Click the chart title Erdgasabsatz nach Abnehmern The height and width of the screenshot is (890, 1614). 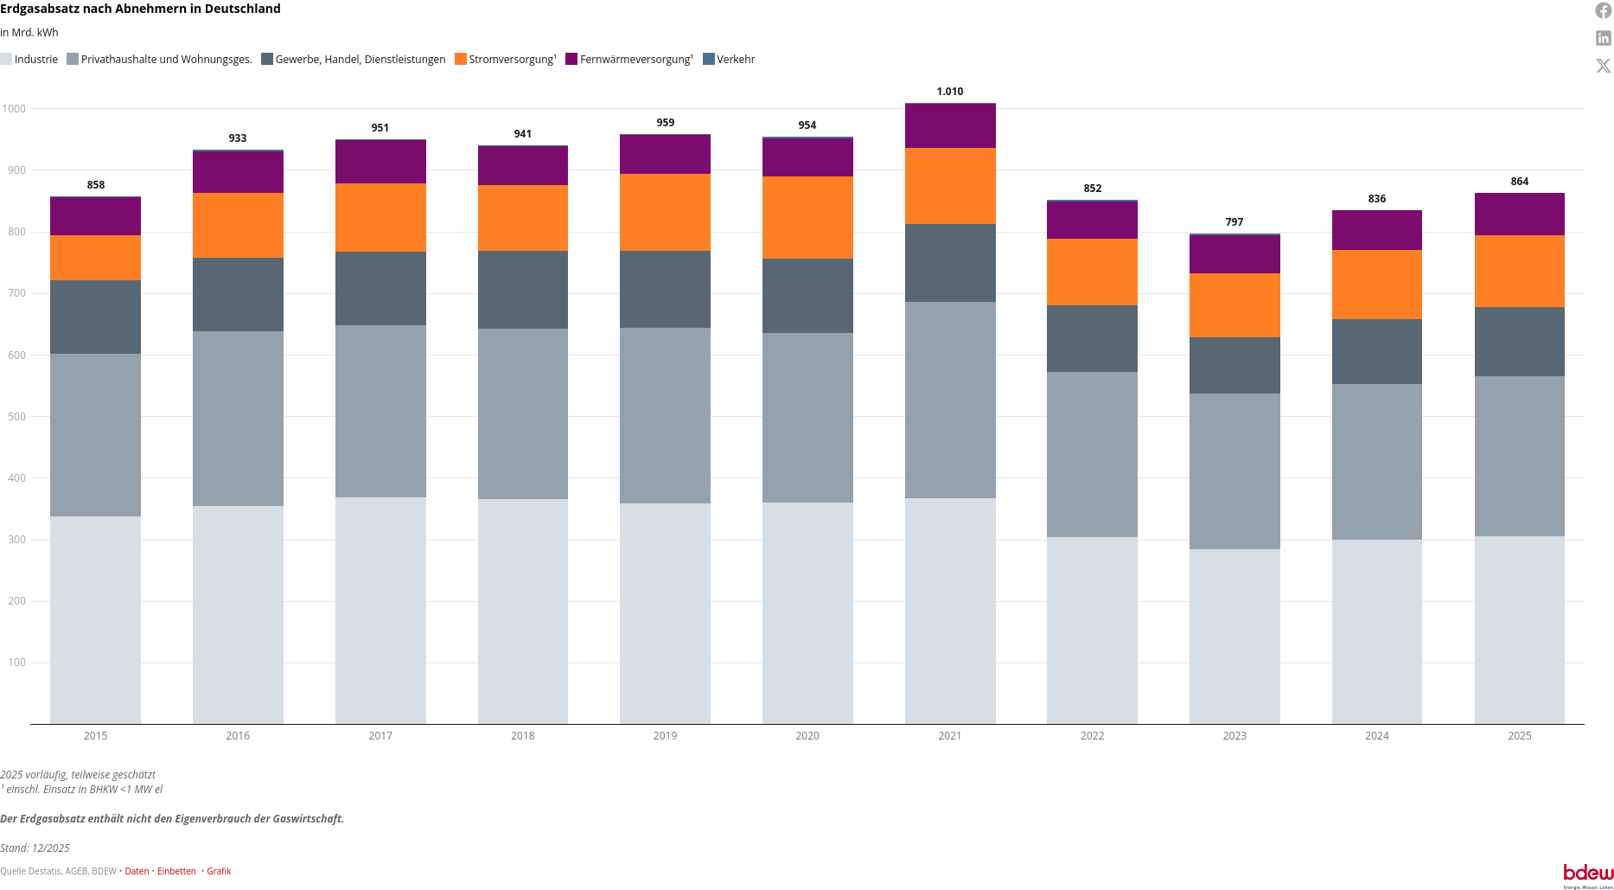coord(140,9)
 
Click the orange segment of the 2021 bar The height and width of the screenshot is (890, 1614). coord(950,186)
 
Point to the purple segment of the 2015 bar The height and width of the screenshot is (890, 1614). coord(95,216)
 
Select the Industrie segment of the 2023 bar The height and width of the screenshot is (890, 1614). coord(1234,636)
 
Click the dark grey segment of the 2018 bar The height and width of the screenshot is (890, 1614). coord(523,290)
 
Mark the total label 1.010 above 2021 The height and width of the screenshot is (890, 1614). coord(950,92)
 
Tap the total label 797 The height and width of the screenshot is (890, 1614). coord(1234,222)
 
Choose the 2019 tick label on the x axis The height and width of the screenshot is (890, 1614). coord(665,736)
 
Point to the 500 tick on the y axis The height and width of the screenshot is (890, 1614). coord(14,417)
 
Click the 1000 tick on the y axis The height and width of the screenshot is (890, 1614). coord(14,109)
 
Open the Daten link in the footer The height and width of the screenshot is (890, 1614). coord(137,871)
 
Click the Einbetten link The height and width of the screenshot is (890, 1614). coord(176,871)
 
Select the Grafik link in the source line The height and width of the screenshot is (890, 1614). coord(219,871)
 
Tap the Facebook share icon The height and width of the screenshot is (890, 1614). coord(1604,10)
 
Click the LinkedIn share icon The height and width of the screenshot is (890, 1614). coord(1604,38)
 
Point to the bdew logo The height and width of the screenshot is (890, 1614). coord(1588,874)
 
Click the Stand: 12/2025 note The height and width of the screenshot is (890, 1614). coord(35,848)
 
